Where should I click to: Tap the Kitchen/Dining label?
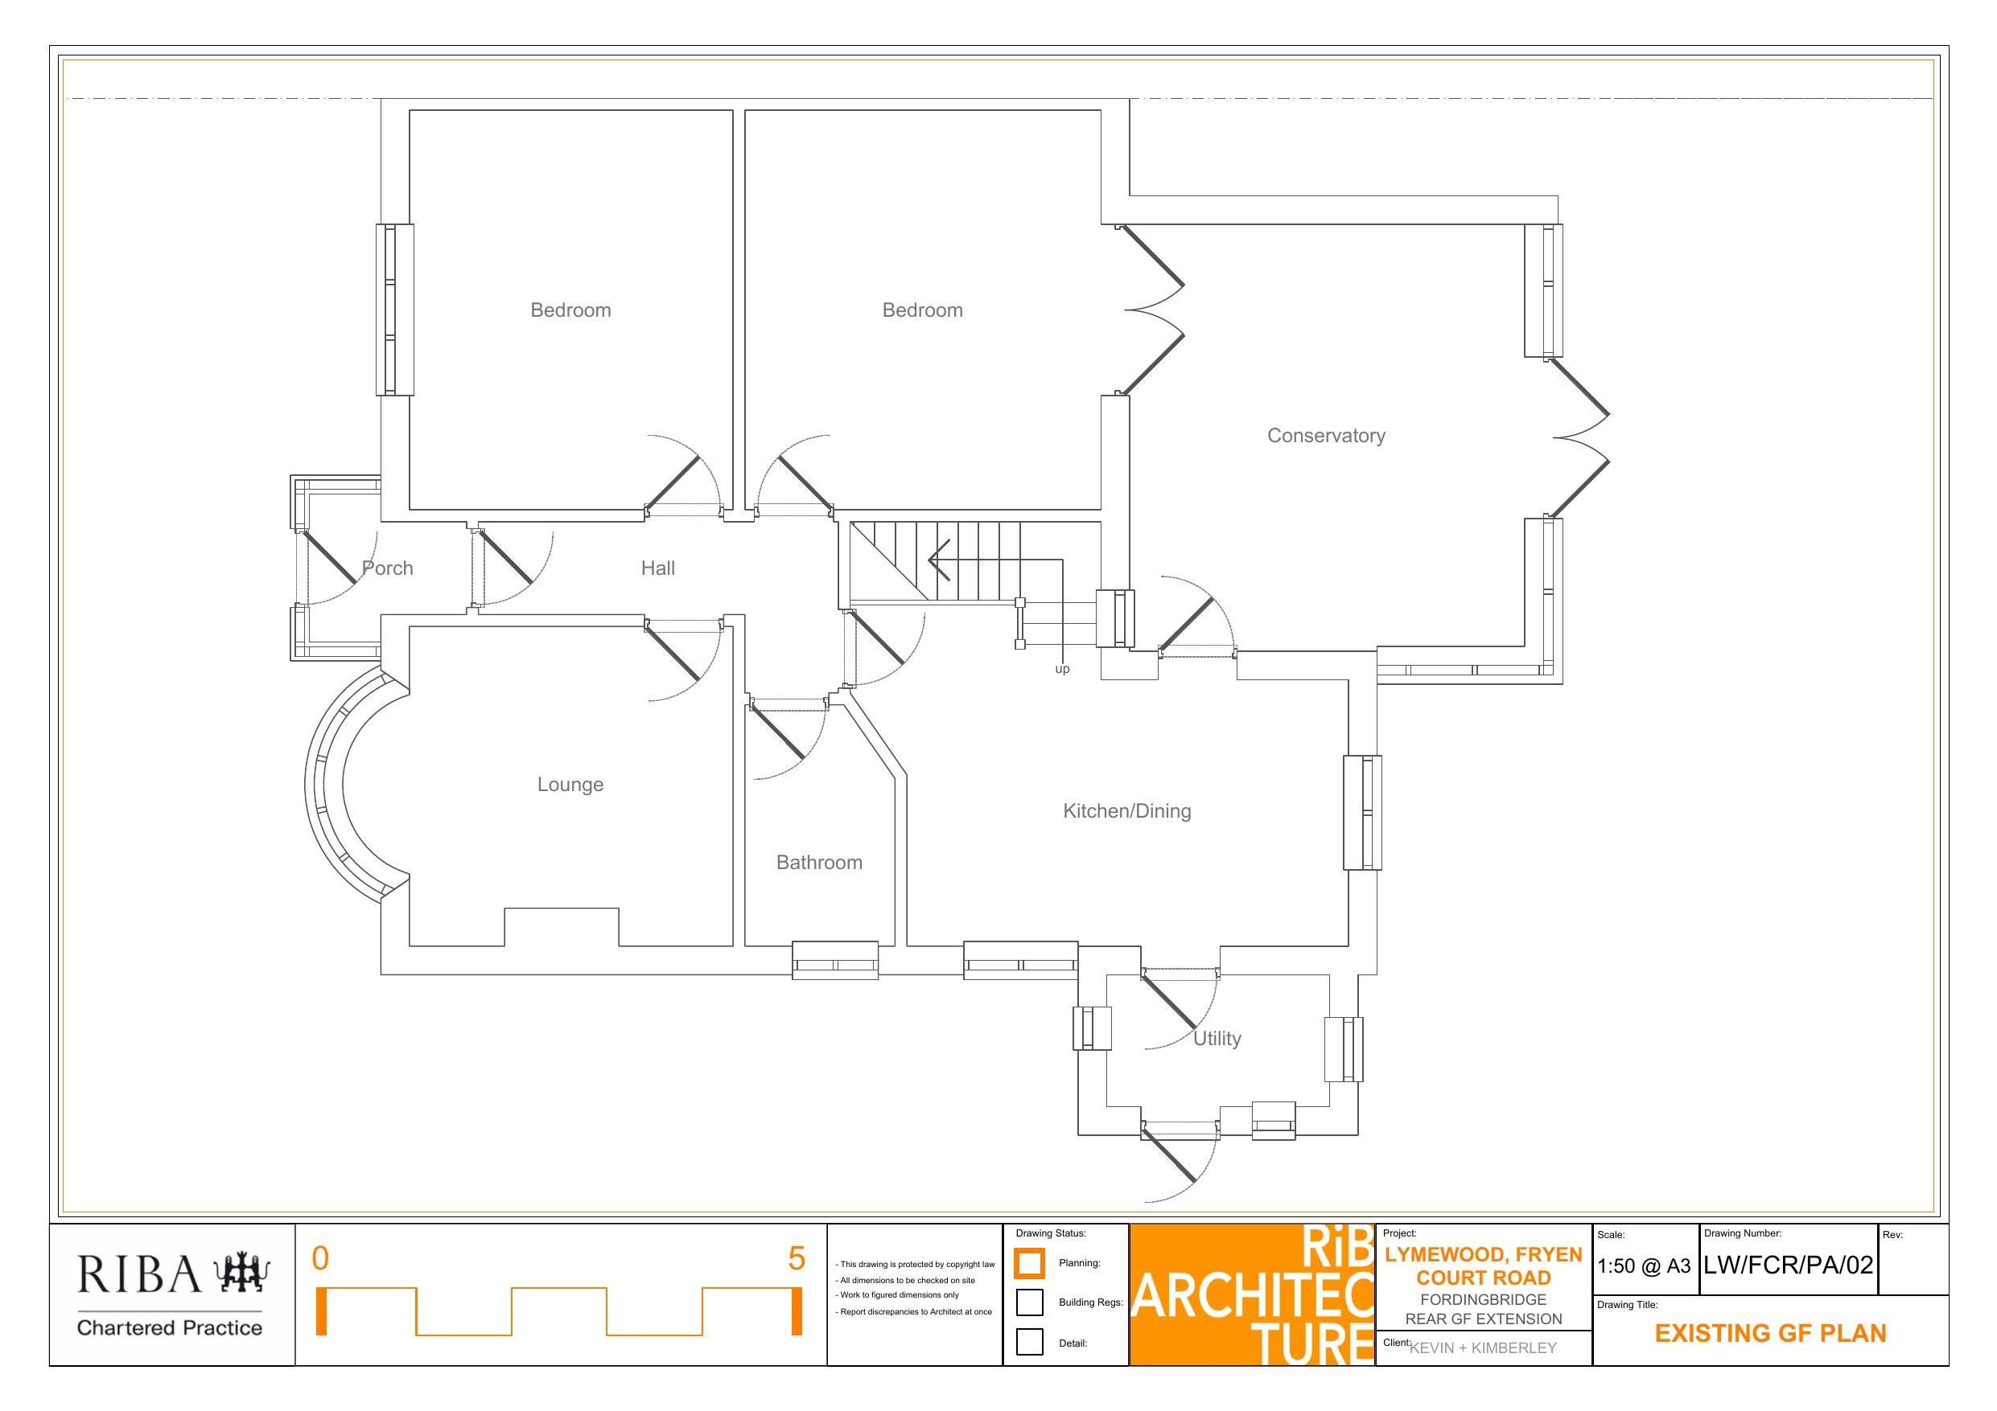1127,811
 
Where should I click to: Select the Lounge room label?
570,785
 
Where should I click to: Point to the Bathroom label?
819,863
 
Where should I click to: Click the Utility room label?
1217,1039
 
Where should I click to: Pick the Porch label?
387,568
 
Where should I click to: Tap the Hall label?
657,568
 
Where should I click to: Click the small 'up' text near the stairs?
1062,670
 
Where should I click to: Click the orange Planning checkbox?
1029,1263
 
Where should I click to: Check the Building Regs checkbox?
1029,1302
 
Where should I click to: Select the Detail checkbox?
1029,1341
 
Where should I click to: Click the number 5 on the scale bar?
797,1259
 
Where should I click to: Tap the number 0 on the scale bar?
320,1259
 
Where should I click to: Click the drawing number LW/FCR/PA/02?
1789,1265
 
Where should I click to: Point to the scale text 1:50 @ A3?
1644,1266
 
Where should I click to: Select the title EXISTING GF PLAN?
1770,1334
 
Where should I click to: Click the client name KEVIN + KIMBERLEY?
1483,1348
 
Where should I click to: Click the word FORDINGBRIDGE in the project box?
1483,1300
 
